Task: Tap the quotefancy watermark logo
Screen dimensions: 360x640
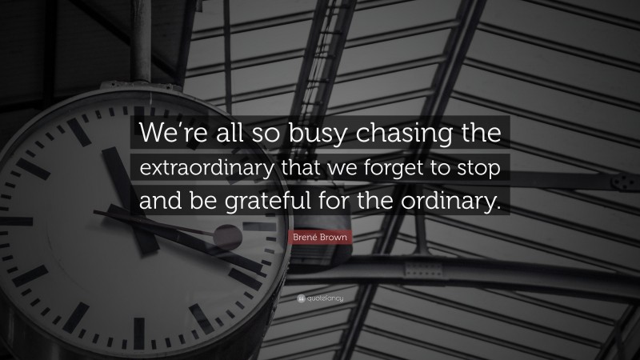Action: click(x=319, y=298)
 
